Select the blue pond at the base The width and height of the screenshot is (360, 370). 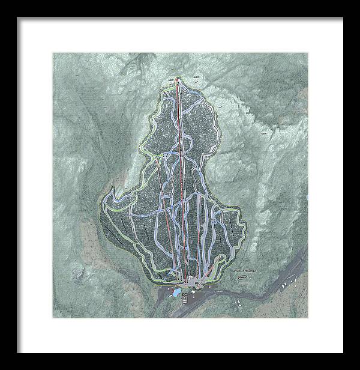coord(175,293)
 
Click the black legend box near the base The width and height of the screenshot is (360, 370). coord(184,296)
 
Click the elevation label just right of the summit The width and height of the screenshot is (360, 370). coord(196,77)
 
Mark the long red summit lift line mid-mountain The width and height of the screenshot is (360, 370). coord(180,180)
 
